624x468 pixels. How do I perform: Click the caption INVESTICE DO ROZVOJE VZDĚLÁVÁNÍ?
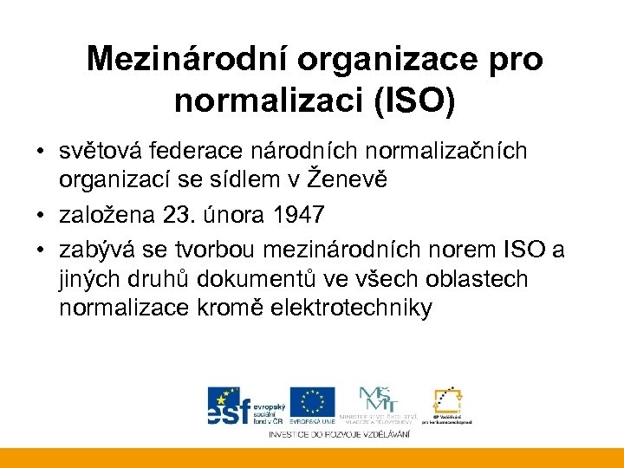coord(338,433)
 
